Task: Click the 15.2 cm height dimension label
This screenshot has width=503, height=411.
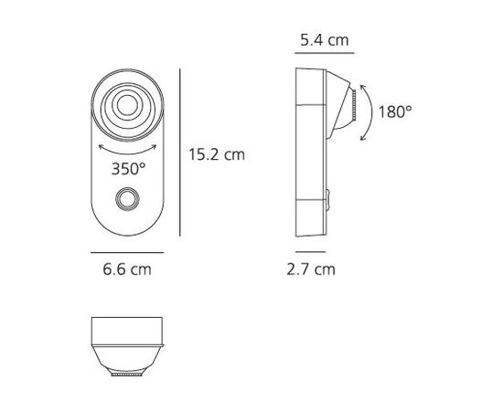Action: pyautogui.click(x=216, y=154)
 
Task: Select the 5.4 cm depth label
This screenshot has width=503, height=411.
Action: pyautogui.click(x=323, y=42)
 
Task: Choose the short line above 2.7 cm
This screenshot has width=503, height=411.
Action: pyautogui.click(x=310, y=250)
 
